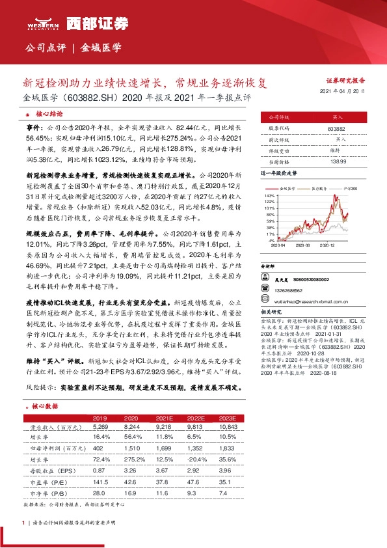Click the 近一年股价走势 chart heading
coord(279,174)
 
